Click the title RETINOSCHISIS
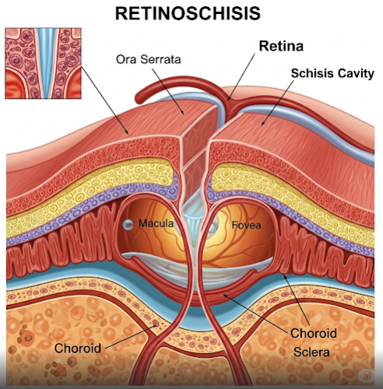click(188, 13)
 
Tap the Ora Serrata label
click(148, 59)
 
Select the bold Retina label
click(281, 46)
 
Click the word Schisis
click(311, 73)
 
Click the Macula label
click(156, 223)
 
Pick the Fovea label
click(246, 225)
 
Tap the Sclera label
click(311, 352)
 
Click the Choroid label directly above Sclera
click(314, 333)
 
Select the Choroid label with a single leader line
click(78, 348)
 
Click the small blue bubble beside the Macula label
click(128, 225)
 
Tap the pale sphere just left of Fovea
click(213, 227)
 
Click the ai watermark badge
click(367, 376)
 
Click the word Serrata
click(160, 59)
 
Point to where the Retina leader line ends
click(229, 100)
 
